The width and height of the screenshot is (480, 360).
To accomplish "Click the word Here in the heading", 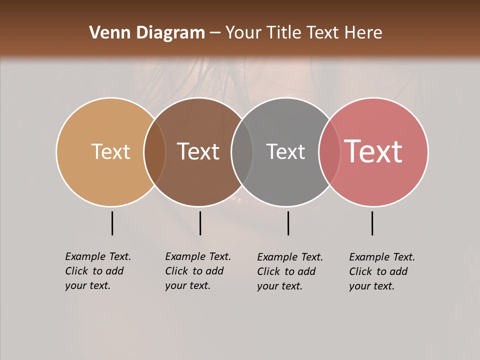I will pos(364,33).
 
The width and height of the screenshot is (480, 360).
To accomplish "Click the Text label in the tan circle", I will pos(110,151).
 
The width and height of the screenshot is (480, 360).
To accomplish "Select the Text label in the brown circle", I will pos(198,151).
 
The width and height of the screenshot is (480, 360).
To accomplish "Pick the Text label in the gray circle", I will pos(285,151).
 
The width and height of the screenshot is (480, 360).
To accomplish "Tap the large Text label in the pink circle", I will pos(373,151).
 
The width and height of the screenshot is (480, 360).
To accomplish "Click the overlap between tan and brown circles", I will pos(154,151).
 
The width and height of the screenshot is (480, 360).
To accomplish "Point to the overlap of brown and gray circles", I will pos(242,151).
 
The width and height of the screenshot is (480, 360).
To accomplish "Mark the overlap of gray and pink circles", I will pos(329,151).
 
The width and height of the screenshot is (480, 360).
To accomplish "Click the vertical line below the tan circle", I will pos(112,223).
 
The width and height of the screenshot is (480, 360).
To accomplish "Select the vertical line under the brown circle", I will pos(200,223).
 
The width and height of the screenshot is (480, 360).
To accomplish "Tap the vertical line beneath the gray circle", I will pos(288,223).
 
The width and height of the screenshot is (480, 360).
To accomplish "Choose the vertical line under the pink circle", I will pos(372,223).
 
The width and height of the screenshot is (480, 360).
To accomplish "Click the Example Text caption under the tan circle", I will pos(98,271).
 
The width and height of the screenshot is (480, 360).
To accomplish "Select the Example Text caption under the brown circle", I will pos(198,271).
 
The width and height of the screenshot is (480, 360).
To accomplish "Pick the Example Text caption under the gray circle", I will pos(290,271).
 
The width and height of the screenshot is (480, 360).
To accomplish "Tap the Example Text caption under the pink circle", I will pos(382,271).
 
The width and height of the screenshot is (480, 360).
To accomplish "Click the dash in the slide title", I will pos(215,33).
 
